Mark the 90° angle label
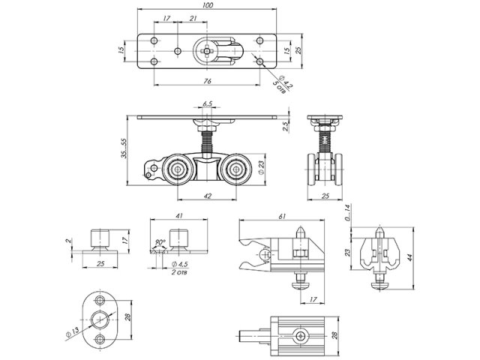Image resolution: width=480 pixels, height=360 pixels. (x=159, y=242)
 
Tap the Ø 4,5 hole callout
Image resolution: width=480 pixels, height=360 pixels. (x=180, y=265)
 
